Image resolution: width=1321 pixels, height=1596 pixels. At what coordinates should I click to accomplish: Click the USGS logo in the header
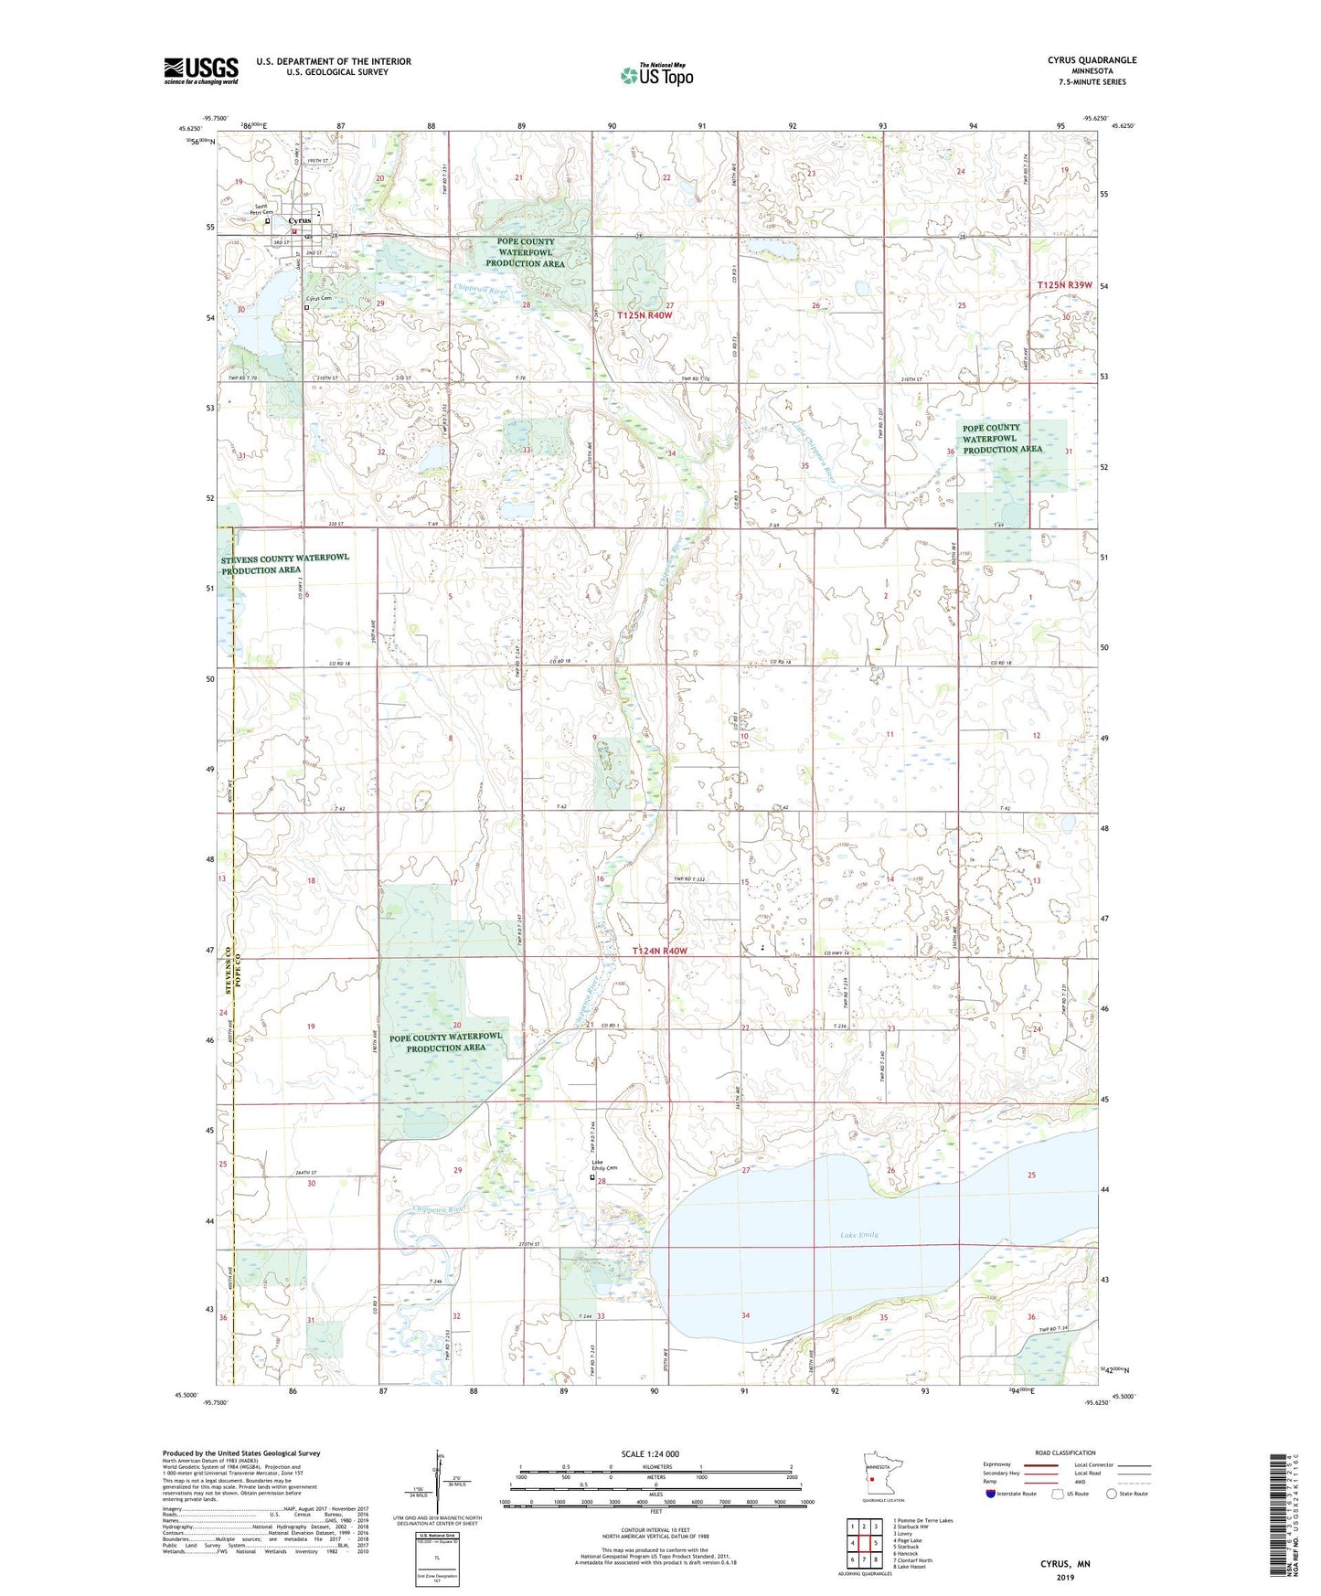[x=201, y=70]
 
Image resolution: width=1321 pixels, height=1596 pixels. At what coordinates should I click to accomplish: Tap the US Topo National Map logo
[x=656, y=74]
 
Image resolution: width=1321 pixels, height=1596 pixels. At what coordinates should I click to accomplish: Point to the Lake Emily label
[x=858, y=1235]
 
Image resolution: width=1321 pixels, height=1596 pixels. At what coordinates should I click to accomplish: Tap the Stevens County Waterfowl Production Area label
[x=284, y=563]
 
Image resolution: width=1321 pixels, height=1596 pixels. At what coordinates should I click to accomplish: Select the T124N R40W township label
[x=658, y=952]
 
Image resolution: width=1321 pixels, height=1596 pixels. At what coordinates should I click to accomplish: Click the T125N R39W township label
[x=1064, y=285]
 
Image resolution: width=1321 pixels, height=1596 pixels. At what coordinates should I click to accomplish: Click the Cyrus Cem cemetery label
[x=318, y=298]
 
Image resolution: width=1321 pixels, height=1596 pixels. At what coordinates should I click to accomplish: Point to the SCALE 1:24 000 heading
[x=649, y=1454]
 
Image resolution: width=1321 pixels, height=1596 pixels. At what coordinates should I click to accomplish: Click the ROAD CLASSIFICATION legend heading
[x=1065, y=1452]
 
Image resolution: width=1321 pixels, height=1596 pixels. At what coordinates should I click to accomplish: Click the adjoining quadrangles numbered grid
[x=864, y=1544]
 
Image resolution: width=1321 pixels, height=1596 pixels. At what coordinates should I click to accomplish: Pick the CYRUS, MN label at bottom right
[x=1064, y=1564]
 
